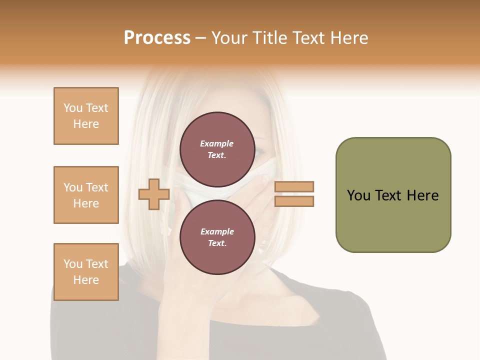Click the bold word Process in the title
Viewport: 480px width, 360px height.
(157, 38)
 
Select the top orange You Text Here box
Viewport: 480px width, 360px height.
(86, 116)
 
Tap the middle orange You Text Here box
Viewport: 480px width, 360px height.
(86, 195)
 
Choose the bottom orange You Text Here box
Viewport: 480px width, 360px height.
(86, 272)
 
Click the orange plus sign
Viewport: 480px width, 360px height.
(154, 194)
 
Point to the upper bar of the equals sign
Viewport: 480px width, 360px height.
(294, 187)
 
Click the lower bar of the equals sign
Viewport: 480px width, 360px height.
(294, 201)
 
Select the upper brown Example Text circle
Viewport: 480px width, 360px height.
(217, 149)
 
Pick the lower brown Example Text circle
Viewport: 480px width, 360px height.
(217, 237)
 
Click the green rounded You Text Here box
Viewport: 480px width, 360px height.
(393, 195)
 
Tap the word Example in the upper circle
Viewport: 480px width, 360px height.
(217, 143)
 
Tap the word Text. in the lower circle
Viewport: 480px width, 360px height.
(217, 243)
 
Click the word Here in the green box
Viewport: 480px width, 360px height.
(422, 195)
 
